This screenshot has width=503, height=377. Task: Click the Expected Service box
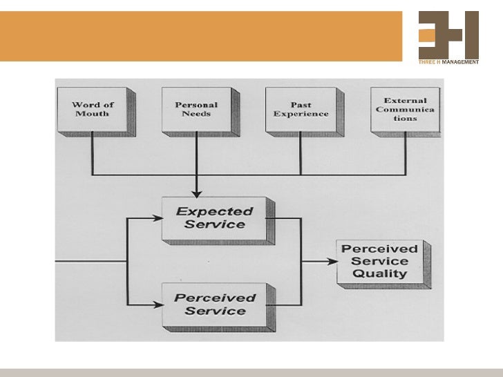coord(214,218)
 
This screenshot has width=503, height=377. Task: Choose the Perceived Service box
coord(214,304)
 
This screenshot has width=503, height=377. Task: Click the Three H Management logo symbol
coord(448,35)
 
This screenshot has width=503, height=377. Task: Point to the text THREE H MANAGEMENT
coord(448,62)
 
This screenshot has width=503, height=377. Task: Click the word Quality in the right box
coord(379,273)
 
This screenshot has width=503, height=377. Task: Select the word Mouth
coord(93,114)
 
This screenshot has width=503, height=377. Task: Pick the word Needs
coord(196,114)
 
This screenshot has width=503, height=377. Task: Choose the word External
coord(406,101)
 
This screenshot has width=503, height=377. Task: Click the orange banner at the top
coord(200,36)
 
